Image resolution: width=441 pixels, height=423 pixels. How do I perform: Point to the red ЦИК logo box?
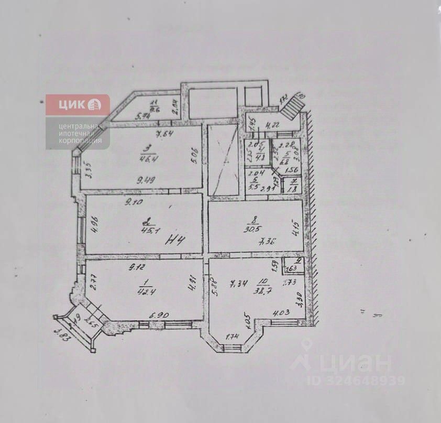click(x=78, y=105)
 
